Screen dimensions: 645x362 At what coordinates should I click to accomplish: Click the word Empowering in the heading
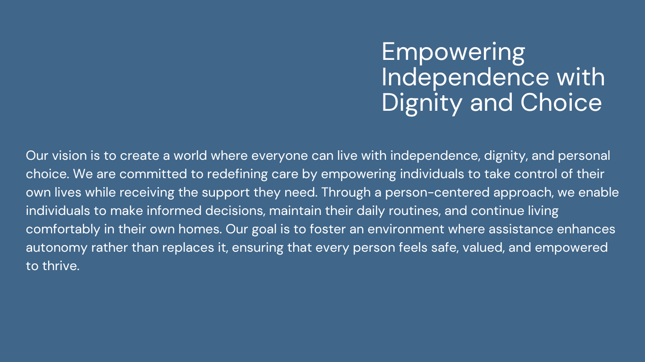pos(453,53)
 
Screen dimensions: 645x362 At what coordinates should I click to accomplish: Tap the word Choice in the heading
pos(561,102)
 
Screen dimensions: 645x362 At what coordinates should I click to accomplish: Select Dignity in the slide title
pos(422,104)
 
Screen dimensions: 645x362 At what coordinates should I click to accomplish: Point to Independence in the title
pos(465,77)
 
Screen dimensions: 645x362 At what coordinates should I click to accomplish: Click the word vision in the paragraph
pos(69,156)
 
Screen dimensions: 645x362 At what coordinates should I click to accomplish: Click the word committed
pos(153,174)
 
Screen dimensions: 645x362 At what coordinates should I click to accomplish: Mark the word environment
pos(406,229)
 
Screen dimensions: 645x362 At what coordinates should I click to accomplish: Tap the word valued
pos(484,247)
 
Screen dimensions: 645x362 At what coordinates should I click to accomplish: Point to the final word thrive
pos(61,266)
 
